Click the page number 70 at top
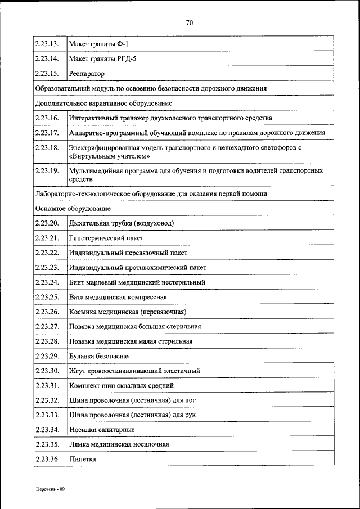[x=189, y=23]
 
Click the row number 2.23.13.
[x=47, y=44]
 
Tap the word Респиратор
[x=87, y=74]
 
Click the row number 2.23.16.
[x=47, y=118]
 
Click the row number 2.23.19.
[x=47, y=170]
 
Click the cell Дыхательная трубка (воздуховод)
[x=121, y=223]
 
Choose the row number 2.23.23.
[x=47, y=268]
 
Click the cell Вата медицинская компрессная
[x=118, y=297]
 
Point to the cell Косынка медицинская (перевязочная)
[x=128, y=312]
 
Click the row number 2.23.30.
[x=47, y=371]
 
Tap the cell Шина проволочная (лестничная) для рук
[x=132, y=415]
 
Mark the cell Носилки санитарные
[x=102, y=430]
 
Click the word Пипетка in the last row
[x=83, y=460]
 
